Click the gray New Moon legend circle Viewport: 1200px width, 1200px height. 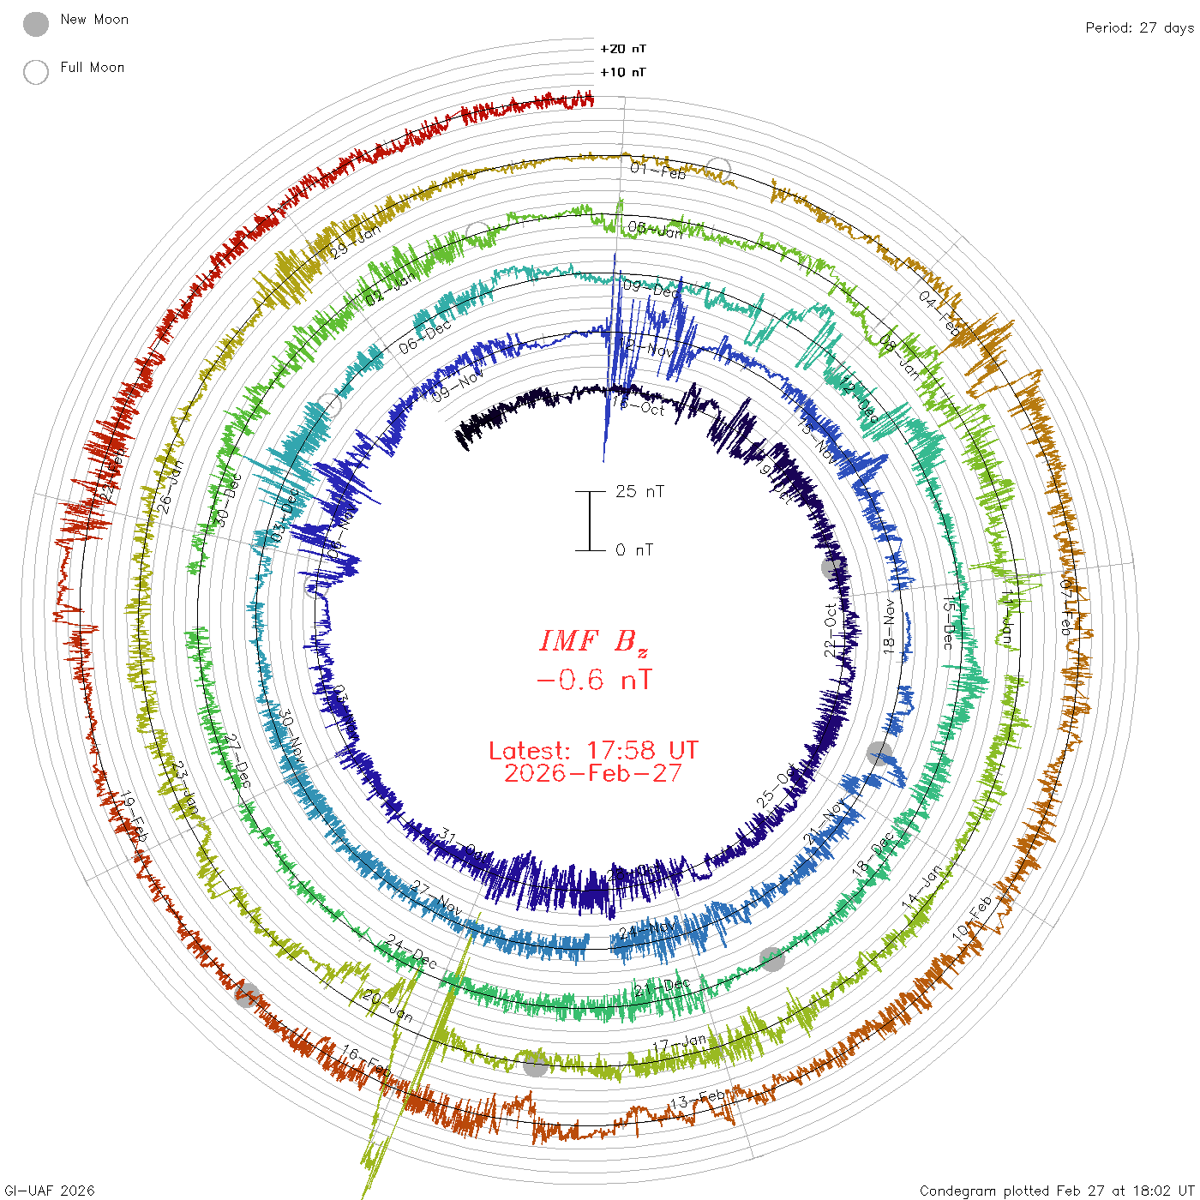pos(36,25)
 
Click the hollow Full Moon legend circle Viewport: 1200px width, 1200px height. pos(36,73)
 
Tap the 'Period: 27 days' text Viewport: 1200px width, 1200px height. pos(1139,28)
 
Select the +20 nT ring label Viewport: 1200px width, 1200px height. pos(623,49)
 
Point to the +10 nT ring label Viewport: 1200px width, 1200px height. pos(623,72)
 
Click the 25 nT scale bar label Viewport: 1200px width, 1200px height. pos(639,491)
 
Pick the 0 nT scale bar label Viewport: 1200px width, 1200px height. pos(634,549)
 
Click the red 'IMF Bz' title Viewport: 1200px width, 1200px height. pos(593,641)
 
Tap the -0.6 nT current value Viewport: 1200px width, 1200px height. pos(593,681)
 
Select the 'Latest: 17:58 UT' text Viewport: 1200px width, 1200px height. pos(593,751)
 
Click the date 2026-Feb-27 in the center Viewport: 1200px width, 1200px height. pos(593,773)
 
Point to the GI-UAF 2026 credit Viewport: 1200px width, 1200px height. pos(48,1191)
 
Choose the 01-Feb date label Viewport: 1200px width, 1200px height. pos(658,171)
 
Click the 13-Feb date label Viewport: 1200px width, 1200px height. pos(697,1098)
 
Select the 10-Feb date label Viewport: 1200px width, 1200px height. pos(972,916)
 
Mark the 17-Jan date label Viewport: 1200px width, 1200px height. pos(679,1044)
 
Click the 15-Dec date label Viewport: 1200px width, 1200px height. pos(948,623)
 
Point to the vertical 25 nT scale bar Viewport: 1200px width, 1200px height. pos(590,520)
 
